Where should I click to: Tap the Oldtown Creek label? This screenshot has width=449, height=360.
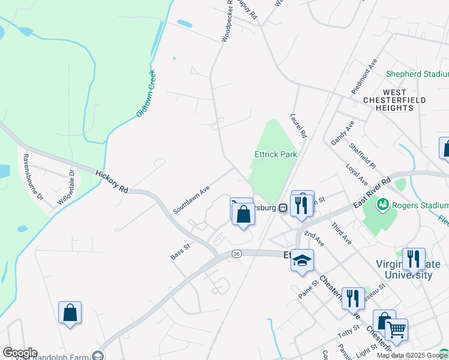pos(146,93)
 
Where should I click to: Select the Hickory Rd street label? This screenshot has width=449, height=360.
pos(112,181)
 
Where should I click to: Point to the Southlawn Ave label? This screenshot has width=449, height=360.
pos(191,199)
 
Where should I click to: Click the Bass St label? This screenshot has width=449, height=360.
pos(180,251)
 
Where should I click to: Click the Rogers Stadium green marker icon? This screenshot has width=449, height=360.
pos(382,205)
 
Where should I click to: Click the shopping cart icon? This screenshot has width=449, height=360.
pos(396,328)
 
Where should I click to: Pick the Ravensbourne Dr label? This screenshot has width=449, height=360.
pos(33,177)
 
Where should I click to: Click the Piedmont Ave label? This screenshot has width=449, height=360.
pos(364,76)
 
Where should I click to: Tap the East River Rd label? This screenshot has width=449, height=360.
pos(372,193)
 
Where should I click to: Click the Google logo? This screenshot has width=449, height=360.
pos(20,353)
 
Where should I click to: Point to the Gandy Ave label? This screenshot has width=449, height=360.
pos(342,133)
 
